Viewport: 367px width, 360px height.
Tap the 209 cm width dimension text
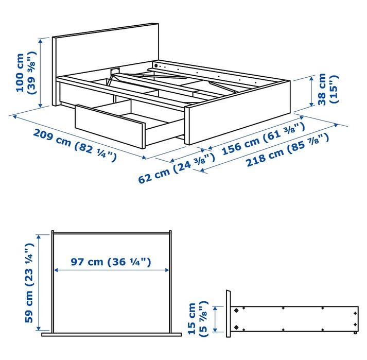[75, 144]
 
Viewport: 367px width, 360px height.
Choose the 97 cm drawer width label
[111, 262]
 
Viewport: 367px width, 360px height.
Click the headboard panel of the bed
[106, 52]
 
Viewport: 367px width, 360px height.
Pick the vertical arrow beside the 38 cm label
[312, 91]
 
